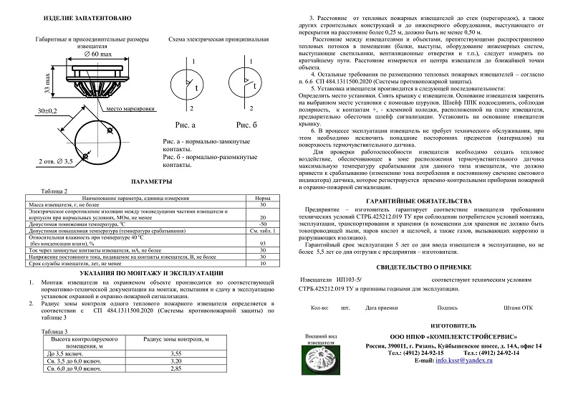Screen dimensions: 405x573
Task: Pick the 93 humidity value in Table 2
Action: pos(262,244)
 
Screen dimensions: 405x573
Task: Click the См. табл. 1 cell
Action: pos(262,231)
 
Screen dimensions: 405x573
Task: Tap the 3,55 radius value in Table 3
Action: pos(171,354)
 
